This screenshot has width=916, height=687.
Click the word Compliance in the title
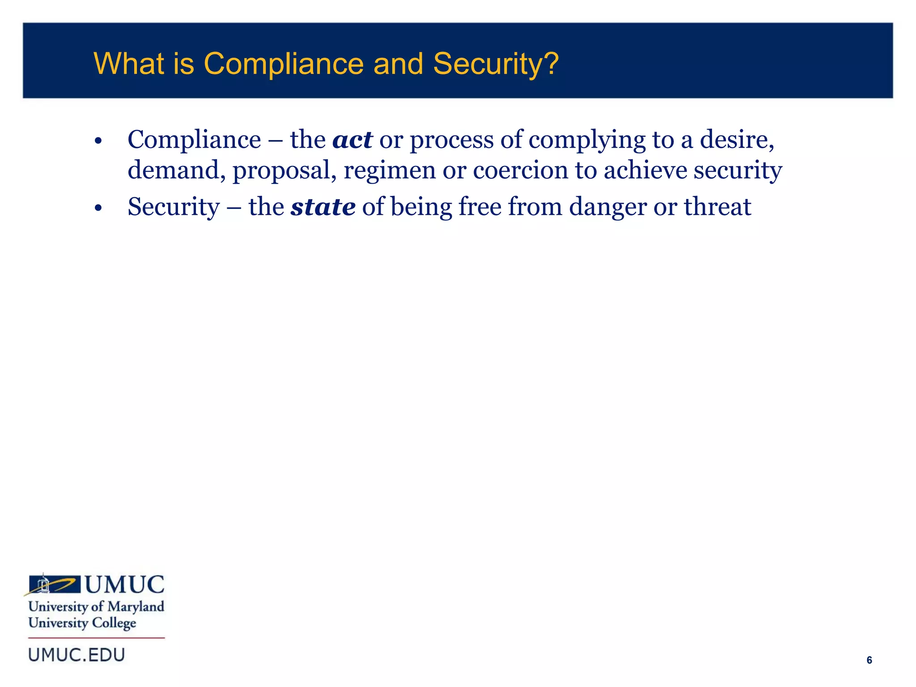(x=284, y=64)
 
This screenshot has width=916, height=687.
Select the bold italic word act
(x=352, y=140)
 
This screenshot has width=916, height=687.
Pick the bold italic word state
(x=323, y=207)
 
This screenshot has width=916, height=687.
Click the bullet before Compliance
(x=99, y=142)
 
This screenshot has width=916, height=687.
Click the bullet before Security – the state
(x=99, y=208)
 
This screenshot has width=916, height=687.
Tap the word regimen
(x=389, y=171)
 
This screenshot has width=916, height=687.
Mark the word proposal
(x=284, y=171)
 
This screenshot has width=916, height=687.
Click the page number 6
(x=869, y=660)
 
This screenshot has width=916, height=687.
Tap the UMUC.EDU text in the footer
(x=76, y=655)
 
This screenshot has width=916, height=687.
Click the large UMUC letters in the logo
(x=125, y=585)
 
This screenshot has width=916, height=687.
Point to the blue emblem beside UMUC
(x=54, y=585)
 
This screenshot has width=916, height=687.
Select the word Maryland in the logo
(x=136, y=607)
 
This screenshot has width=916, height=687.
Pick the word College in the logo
(x=114, y=623)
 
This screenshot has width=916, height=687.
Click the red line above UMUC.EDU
(x=97, y=638)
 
